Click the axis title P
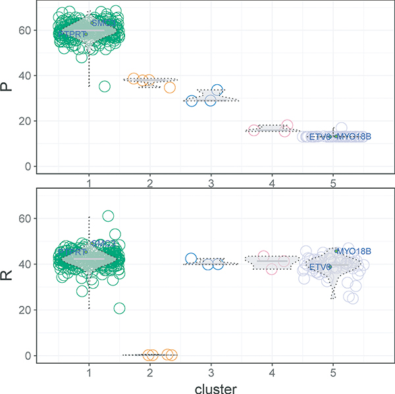pyautogui.click(x=10, y=87)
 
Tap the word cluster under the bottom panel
pyautogui.click(x=210, y=387)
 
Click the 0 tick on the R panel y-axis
pyautogui.click(x=30, y=355)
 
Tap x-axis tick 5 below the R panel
pyautogui.click(x=333, y=372)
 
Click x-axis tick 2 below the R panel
pyautogui.click(x=150, y=372)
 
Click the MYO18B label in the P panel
pyautogui.click(x=353, y=136)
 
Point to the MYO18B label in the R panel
pyautogui.click(x=354, y=251)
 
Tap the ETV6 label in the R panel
pyautogui.click(x=320, y=267)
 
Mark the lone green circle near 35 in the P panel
pyautogui.click(x=105, y=86)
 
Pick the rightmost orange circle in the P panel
pyautogui.click(x=170, y=87)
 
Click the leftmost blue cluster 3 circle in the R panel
pyautogui.click(x=192, y=259)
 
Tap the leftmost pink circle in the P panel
pyautogui.click(x=254, y=130)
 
